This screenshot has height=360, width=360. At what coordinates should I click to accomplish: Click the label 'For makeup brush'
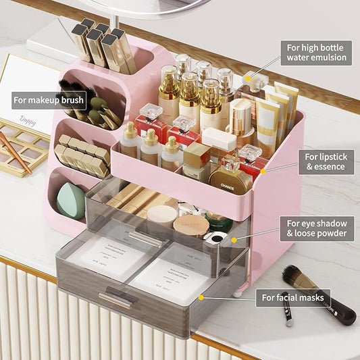[x=49, y=101]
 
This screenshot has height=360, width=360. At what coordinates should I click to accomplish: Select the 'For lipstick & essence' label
[x=326, y=162]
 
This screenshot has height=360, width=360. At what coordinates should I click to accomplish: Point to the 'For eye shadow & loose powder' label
[x=316, y=229]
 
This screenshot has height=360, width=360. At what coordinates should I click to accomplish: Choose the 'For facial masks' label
[x=293, y=297]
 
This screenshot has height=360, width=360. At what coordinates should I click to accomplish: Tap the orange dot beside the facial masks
[x=200, y=296]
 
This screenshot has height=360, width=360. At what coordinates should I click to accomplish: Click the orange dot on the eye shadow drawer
[x=234, y=239]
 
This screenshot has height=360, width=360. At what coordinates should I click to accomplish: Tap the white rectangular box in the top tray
[x=220, y=140]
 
